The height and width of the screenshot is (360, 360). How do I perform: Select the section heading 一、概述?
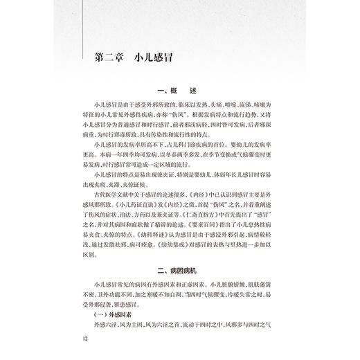pyautogui.click(x=179, y=91)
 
